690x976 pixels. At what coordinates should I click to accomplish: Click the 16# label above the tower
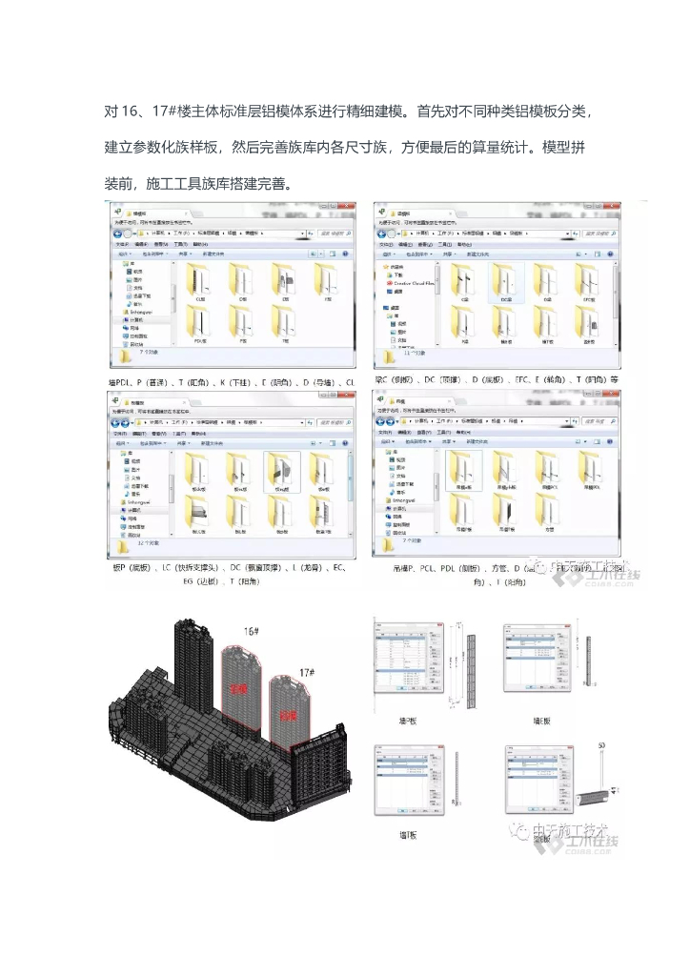(252, 632)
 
